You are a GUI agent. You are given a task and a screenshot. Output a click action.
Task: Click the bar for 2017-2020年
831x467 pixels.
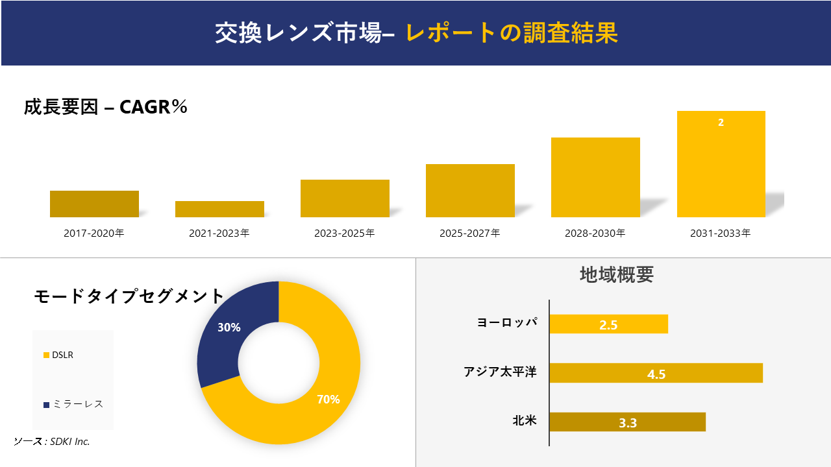click(x=94, y=204)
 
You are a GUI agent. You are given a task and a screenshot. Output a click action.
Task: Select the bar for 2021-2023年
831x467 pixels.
click(x=219, y=209)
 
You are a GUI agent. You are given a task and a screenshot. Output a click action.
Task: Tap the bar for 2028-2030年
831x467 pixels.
click(x=595, y=177)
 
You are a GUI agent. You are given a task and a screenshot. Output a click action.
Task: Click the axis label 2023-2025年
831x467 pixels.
click(x=345, y=233)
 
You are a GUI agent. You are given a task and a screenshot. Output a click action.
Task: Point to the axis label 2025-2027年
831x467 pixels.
click(x=470, y=233)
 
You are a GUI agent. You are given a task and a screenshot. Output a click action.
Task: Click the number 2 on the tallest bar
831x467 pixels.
click(x=721, y=123)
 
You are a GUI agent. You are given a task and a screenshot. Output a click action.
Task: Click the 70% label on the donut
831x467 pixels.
click(x=328, y=400)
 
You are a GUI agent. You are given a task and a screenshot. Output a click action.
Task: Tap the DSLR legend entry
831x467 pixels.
click(x=62, y=355)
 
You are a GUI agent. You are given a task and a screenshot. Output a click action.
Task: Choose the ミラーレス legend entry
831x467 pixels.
click(x=77, y=404)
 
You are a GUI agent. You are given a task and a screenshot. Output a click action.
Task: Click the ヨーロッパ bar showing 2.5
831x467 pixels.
click(x=608, y=324)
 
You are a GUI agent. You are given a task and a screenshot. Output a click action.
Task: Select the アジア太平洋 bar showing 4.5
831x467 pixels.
click(x=656, y=374)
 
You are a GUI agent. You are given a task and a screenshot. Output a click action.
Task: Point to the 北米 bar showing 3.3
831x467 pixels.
click(x=627, y=422)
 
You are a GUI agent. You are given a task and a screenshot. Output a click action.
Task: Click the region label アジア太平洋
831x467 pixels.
click(x=500, y=372)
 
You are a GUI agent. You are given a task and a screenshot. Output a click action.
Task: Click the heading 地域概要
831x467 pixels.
click(x=616, y=275)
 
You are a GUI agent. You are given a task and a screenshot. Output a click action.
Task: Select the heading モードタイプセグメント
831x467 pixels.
click(x=129, y=296)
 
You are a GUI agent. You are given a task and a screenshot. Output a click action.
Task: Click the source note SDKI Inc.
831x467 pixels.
click(x=52, y=442)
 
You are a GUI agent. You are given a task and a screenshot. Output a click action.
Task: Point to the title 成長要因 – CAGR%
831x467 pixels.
click(x=106, y=107)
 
